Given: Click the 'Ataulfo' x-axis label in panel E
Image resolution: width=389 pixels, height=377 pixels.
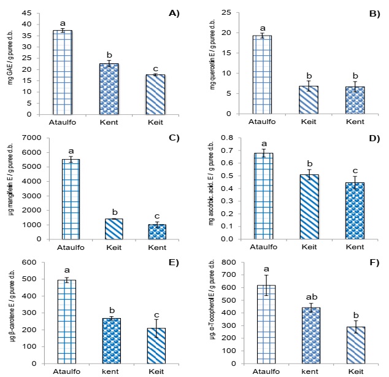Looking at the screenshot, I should [x=63, y=373].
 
